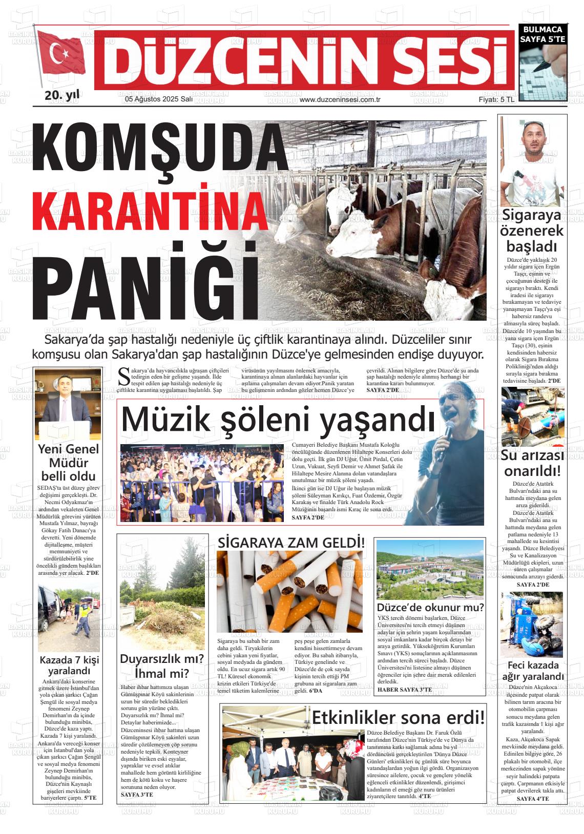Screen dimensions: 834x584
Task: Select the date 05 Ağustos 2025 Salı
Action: (x=159, y=100)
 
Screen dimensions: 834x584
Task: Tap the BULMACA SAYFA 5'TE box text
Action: (x=542, y=34)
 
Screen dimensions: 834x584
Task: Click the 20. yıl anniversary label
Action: (x=62, y=95)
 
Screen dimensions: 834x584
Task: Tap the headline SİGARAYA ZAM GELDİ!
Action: (x=291, y=542)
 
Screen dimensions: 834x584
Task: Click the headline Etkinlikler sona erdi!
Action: (x=398, y=717)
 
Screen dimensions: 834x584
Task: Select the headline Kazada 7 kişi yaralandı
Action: (x=69, y=665)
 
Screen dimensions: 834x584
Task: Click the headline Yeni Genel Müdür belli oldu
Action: (x=69, y=463)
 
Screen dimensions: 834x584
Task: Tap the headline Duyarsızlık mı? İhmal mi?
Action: (x=162, y=665)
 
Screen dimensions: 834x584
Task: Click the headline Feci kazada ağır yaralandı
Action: (x=533, y=671)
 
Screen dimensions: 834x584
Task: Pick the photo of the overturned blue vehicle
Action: (x=532, y=624)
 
